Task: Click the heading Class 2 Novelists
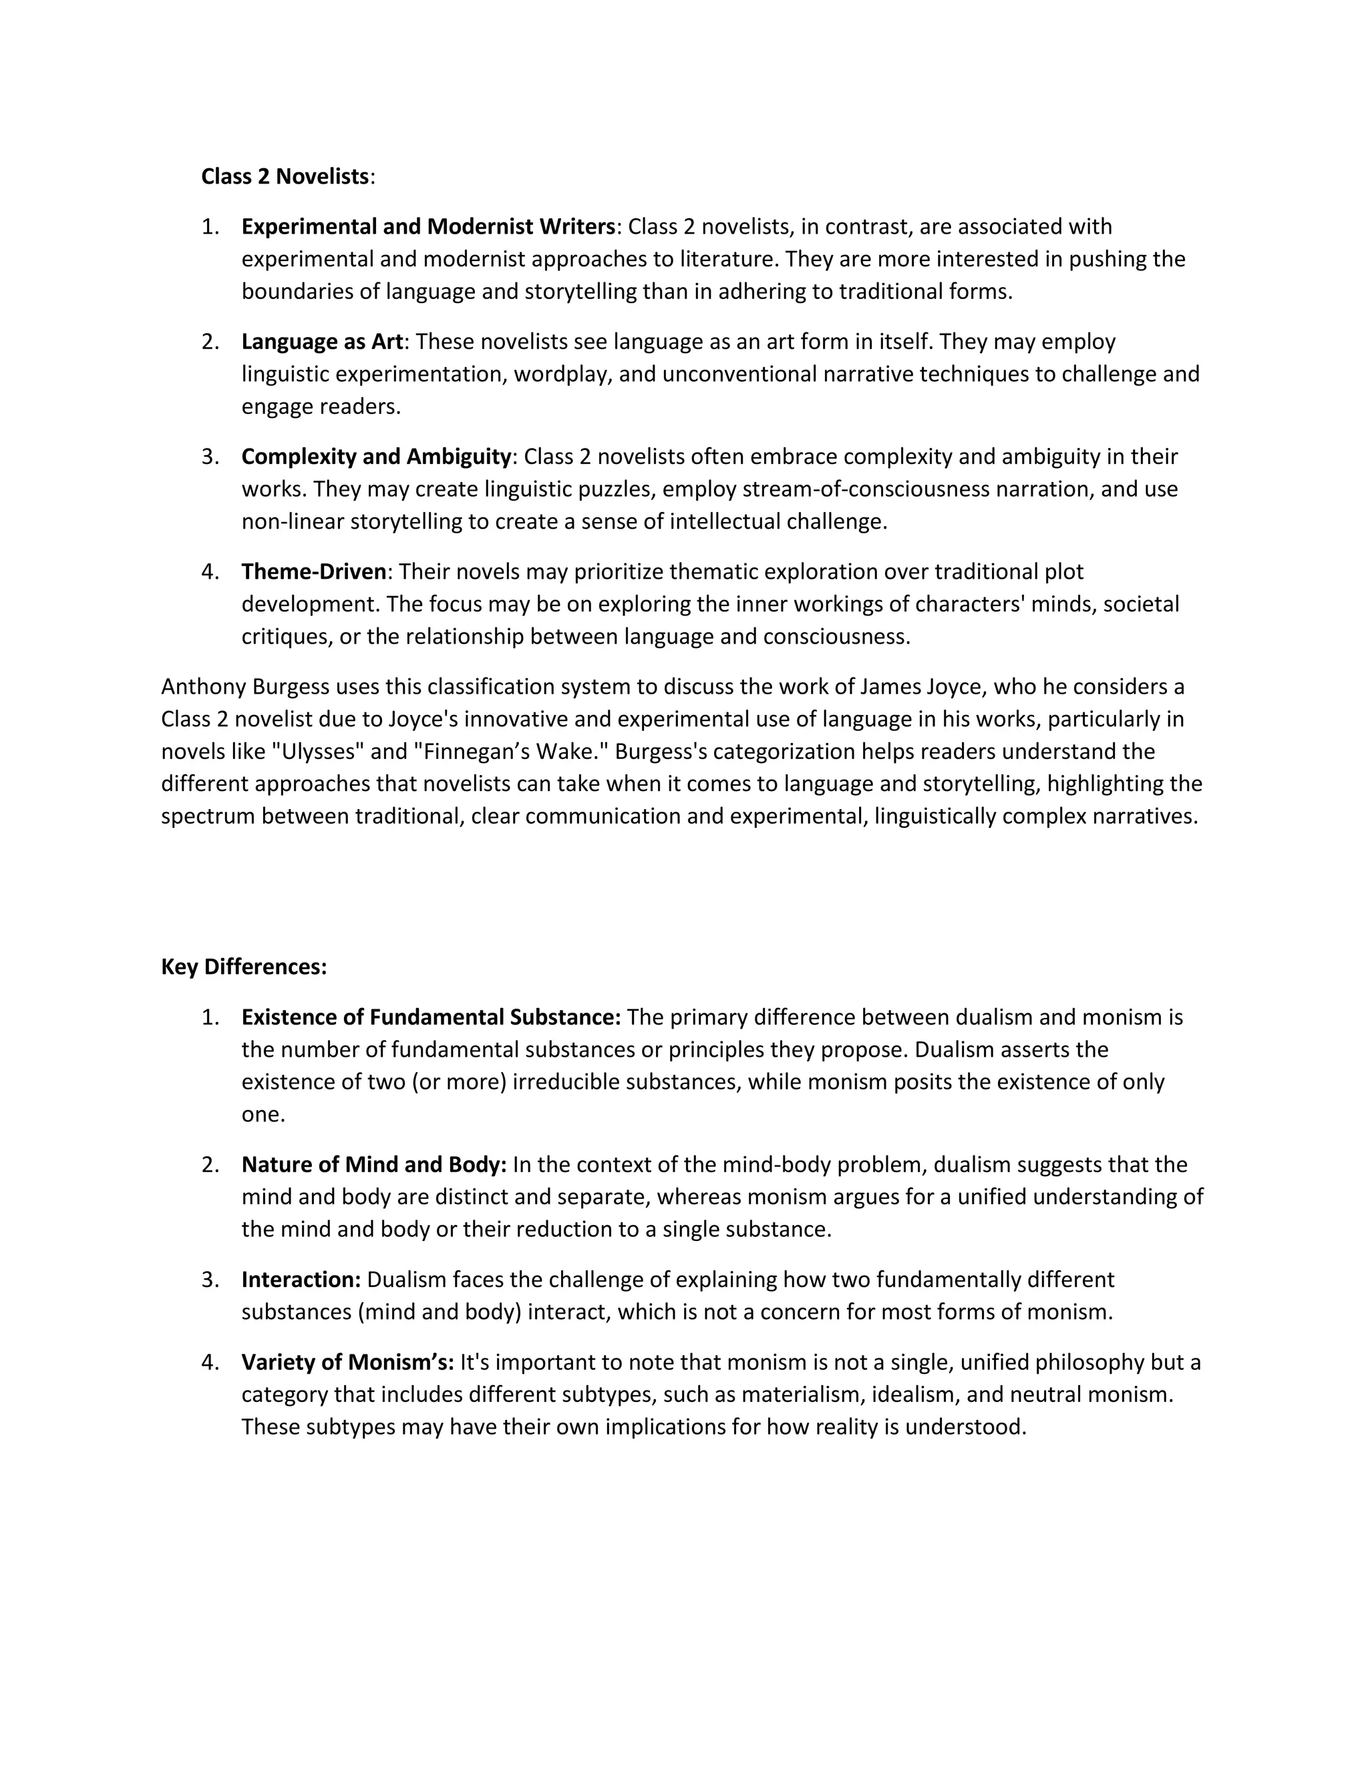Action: [x=285, y=177]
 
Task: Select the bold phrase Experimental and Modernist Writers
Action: [x=428, y=227]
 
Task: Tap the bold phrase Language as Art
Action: [x=322, y=342]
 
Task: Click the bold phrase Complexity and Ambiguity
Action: [x=376, y=457]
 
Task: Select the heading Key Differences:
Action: [x=244, y=967]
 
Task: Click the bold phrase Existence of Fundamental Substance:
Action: [x=430, y=1017]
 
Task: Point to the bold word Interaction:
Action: [x=301, y=1280]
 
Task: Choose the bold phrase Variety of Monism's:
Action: [x=347, y=1362]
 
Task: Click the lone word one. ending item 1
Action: [x=263, y=1115]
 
